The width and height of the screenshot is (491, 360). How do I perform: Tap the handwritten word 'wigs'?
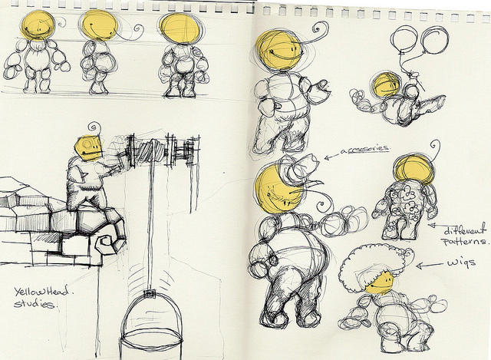click(x=462, y=263)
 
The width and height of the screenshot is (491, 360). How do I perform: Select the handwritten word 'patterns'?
click(x=465, y=242)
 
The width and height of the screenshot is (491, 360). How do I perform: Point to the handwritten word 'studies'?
click(x=35, y=304)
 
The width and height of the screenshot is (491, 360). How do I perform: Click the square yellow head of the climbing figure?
click(x=89, y=148)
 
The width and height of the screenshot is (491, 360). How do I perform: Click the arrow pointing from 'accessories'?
click(x=332, y=156)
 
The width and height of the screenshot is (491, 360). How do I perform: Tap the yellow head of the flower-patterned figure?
click(x=414, y=169)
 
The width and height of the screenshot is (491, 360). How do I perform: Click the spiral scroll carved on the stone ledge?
click(x=107, y=243)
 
